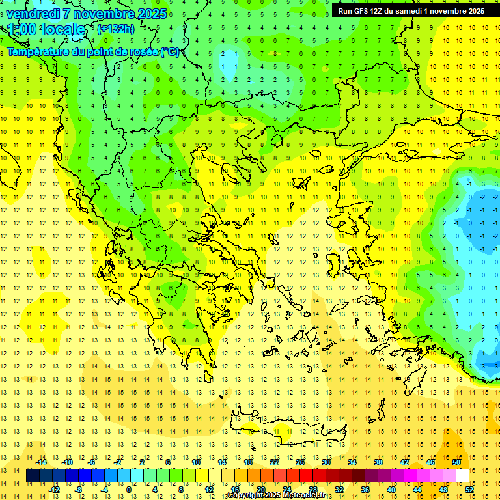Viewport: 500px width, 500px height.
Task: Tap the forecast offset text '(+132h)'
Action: pyautogui.click(x=115, y=29)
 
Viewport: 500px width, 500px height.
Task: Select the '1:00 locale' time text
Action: pyautogui.click(x=47, y=29)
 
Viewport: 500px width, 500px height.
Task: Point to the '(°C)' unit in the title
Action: pyautogui.click(x=170, y=51)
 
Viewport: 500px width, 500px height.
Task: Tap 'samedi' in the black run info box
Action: pyautogui.click(x=418, y=11)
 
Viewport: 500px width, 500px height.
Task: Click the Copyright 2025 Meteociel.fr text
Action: pyautogui.click(x=276, y=495)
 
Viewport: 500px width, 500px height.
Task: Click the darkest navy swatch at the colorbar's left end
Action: pyautogui.click(x=33, y=476)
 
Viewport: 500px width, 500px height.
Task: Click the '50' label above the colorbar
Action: pyautogui.click(x=456, y=462)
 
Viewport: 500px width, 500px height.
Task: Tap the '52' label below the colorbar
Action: pyautogui.click(x=469, y=490)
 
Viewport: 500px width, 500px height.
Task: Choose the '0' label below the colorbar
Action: pyautogui.click(x=129, y=490)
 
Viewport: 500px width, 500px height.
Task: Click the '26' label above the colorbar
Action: pyautogui.click(x=300, y=462)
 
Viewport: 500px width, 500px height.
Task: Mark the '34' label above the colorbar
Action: pyautogui.click(x=352, y=462)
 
